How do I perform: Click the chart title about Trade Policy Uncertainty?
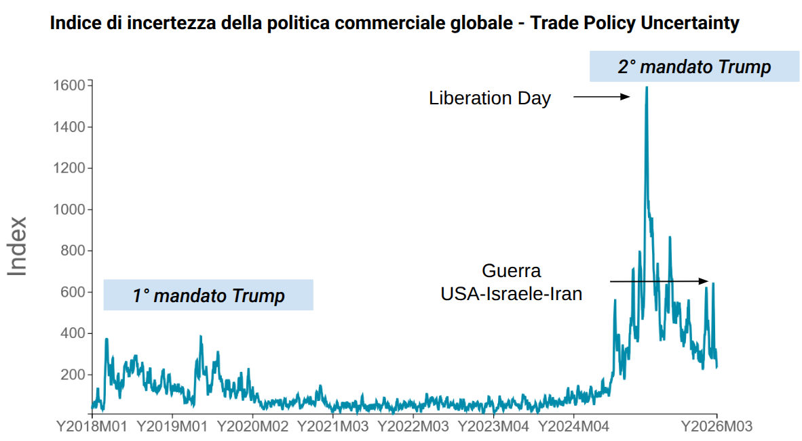(x=394, y=24)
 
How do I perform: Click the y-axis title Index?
(x=18, y=246)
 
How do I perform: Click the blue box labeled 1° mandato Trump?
(x=208, y=295)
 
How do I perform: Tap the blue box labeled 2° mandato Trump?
(x=694, y=66)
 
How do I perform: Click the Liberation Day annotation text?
(x=490, y=98)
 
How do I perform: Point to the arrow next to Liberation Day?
(x=602, y=98)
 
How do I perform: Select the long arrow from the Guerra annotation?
(x=659, y=281)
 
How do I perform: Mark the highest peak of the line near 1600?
(x=646, y=87)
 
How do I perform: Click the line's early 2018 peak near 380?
(x=107, y=339)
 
